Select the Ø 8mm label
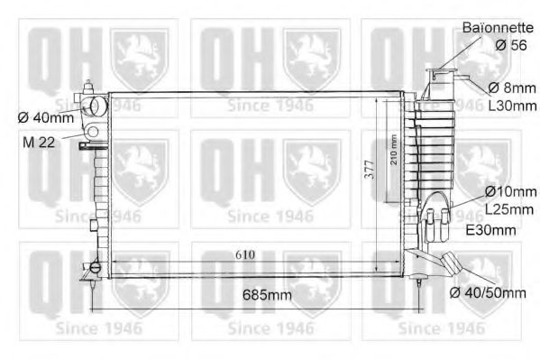[509, 88]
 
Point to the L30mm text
[511, 106]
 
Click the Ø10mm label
[509, 192]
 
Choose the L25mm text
[509, 210]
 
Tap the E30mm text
[490, 231]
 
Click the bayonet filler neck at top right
[442, 74]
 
